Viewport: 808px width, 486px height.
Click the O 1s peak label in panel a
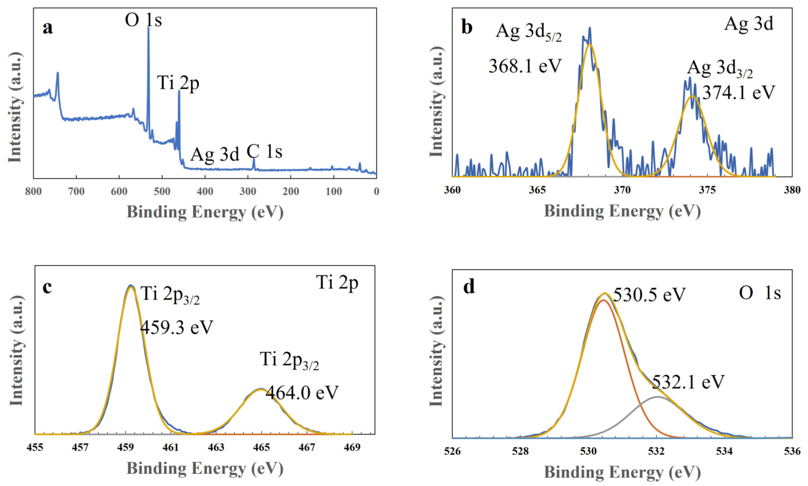click(143, 20)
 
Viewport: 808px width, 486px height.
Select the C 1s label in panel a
click(264, 152)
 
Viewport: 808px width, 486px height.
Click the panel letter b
click(467, 27)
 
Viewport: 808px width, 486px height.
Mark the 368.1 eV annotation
click(525, 66)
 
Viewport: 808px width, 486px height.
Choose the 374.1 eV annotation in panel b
click(739, 93)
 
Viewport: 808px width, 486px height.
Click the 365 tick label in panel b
click(537, 190)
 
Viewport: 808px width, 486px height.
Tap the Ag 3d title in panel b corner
click(748, 24)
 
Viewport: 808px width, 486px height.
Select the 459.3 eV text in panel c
click(177, 327)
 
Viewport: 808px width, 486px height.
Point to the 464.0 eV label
click(302, 393)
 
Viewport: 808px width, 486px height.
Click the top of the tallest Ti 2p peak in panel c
click(131, 286)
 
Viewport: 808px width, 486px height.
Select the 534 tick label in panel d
click(724, 451)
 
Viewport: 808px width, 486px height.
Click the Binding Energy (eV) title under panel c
click(205, 468)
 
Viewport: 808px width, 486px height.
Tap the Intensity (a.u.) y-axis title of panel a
click(15, 107)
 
